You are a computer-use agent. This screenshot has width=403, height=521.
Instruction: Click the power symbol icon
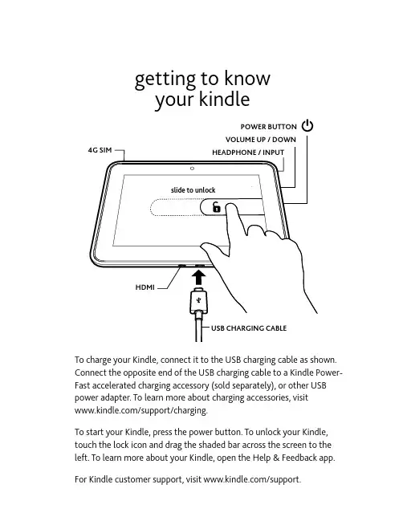click(x=307, y=126)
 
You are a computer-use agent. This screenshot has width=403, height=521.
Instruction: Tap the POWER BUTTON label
click(x=268, y=127)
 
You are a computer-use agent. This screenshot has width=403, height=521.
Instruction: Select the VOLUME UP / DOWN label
click(x=260, y=140)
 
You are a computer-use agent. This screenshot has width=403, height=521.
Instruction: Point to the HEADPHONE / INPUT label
click(x=248, y=153)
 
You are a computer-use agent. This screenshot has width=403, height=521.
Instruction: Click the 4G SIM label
click(x=100, y=150)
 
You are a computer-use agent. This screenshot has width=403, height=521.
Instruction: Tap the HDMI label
click(x=145, y=287)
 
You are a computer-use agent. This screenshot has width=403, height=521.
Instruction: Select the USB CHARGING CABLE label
click(x=249, y=328)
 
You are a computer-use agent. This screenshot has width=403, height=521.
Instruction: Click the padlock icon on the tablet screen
click(x=216, y=207)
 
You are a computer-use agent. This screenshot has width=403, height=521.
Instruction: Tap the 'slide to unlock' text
click(x=193, y=190)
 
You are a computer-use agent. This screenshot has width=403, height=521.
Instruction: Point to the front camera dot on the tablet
click(x=192, y=169)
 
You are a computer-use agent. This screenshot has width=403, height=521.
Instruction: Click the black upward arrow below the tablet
click(x=198, y=278)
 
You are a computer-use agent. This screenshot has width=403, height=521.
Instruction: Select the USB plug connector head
click(x=198, y=301)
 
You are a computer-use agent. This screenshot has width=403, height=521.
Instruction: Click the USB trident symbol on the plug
click(x=198, y=300)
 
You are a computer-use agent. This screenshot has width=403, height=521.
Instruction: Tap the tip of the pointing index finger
click(x=231, y=206)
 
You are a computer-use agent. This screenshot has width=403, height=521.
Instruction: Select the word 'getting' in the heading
click(x=165, y=79)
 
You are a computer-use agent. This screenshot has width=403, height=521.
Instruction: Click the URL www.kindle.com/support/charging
click(x=140, y=410)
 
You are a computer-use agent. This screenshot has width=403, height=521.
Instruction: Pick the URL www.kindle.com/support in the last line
click(x=251, y=479)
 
